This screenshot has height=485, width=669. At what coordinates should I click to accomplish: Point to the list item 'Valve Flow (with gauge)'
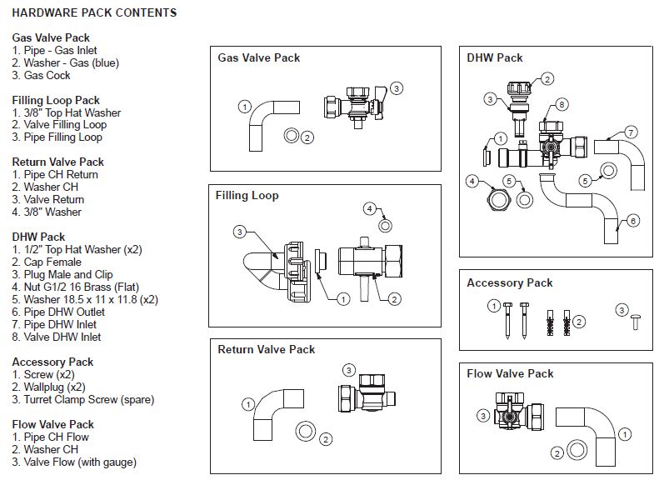pos(74,462)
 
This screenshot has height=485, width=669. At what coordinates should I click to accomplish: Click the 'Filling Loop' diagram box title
pos(247,196)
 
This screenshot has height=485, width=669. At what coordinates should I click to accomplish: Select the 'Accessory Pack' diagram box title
pos(509,283)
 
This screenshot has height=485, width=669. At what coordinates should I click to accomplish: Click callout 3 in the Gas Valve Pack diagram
pos(397,87)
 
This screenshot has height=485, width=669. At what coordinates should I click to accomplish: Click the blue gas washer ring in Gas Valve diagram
pos(292,136)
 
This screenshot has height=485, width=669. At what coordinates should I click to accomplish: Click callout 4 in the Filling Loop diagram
pos(370,207)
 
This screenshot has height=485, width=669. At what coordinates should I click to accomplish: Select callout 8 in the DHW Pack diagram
pos(562,104)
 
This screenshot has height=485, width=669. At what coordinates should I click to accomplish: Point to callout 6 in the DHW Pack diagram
pos(632,221)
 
